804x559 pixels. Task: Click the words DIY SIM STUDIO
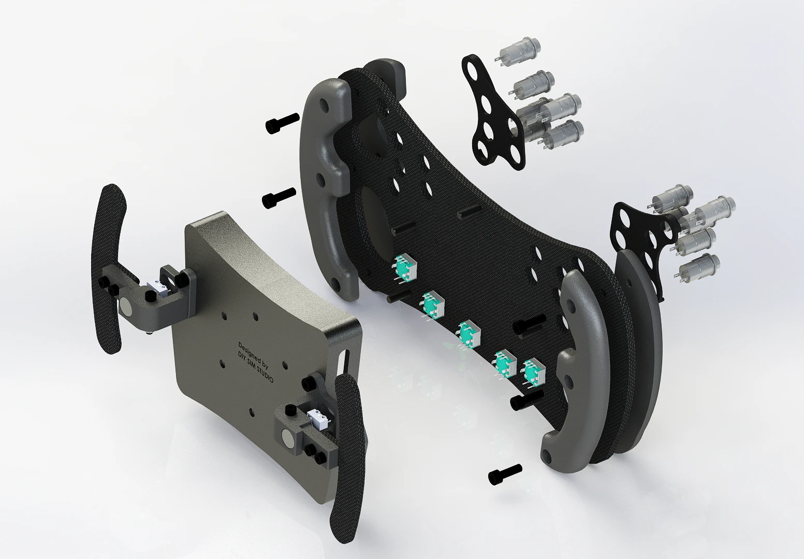click(x=256, y=366)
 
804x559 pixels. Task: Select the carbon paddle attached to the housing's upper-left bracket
click(x=108, y=269)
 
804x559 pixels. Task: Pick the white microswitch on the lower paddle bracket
click(x=318, y=419)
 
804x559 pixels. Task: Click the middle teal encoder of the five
click(x=468, y=334)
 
